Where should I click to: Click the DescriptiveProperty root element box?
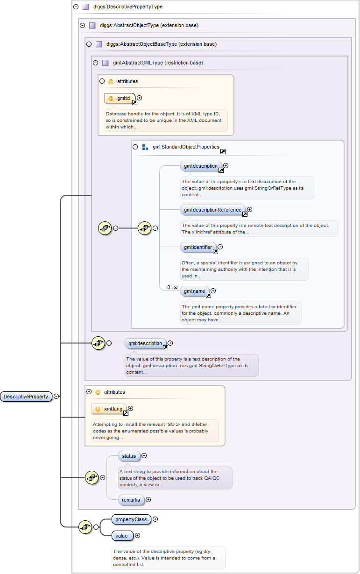[x=26, y=397]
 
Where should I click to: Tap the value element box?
[x=122, y=536]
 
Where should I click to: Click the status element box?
[x=129, y=456]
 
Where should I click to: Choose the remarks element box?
[x=131, y=500]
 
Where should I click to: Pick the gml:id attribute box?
[x=120, y=98]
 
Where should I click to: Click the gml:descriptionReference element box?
[x=213, y=210]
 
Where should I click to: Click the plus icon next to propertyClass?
[x=155, y=519]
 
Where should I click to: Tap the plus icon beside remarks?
[x=148, y=499]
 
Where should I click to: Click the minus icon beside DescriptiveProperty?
[x=56, y=396]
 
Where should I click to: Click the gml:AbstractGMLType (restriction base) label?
[x=158, y=63]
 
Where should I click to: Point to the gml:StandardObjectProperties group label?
[x=186, y=147]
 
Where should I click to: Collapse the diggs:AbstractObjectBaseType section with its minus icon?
[x=89, y=44]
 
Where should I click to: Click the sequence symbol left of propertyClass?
[x=85, y=527]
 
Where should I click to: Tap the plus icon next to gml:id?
[x=139, y=98]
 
